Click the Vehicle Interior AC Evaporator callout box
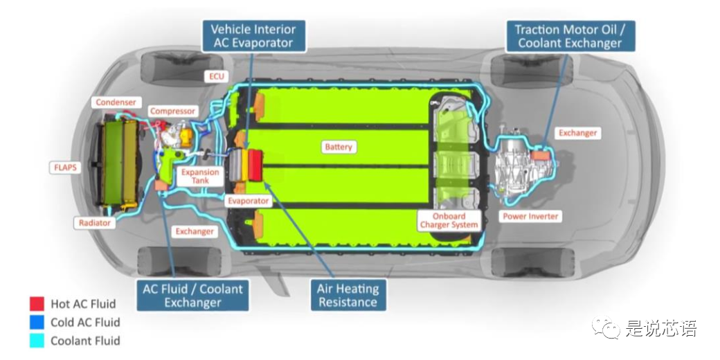[x=253, y=36]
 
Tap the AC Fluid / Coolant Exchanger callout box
[x=192, y=296]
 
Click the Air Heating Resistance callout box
[x=348, y=296]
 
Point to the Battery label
[x=339, y=147]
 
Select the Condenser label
[x=116, y=102]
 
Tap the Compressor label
[x=173, y=111]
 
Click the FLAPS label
[x=67, y=168]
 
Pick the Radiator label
[x=95, y=223]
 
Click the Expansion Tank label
[x=200, y=176]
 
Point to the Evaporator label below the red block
[x=248, y=201]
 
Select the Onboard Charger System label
[x=449, y=221]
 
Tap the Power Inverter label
[x=530, y=217]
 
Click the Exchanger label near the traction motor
[x=577, y=133]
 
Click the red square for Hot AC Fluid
[x=37, y=303]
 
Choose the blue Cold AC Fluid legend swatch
[x=37, y=322]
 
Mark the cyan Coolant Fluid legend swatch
[x=37, y=340]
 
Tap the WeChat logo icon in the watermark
[x=611, y=328]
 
